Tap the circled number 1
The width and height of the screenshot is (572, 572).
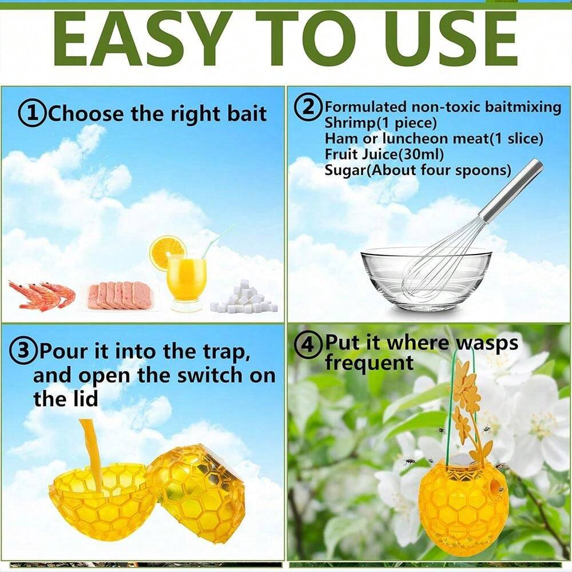click(x=32, y=114)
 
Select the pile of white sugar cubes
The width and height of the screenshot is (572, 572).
click(x=244, y=297)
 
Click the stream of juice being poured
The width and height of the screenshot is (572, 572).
click(x=90, y=452)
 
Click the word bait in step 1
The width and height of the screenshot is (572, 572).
click(x=247, y=113)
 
